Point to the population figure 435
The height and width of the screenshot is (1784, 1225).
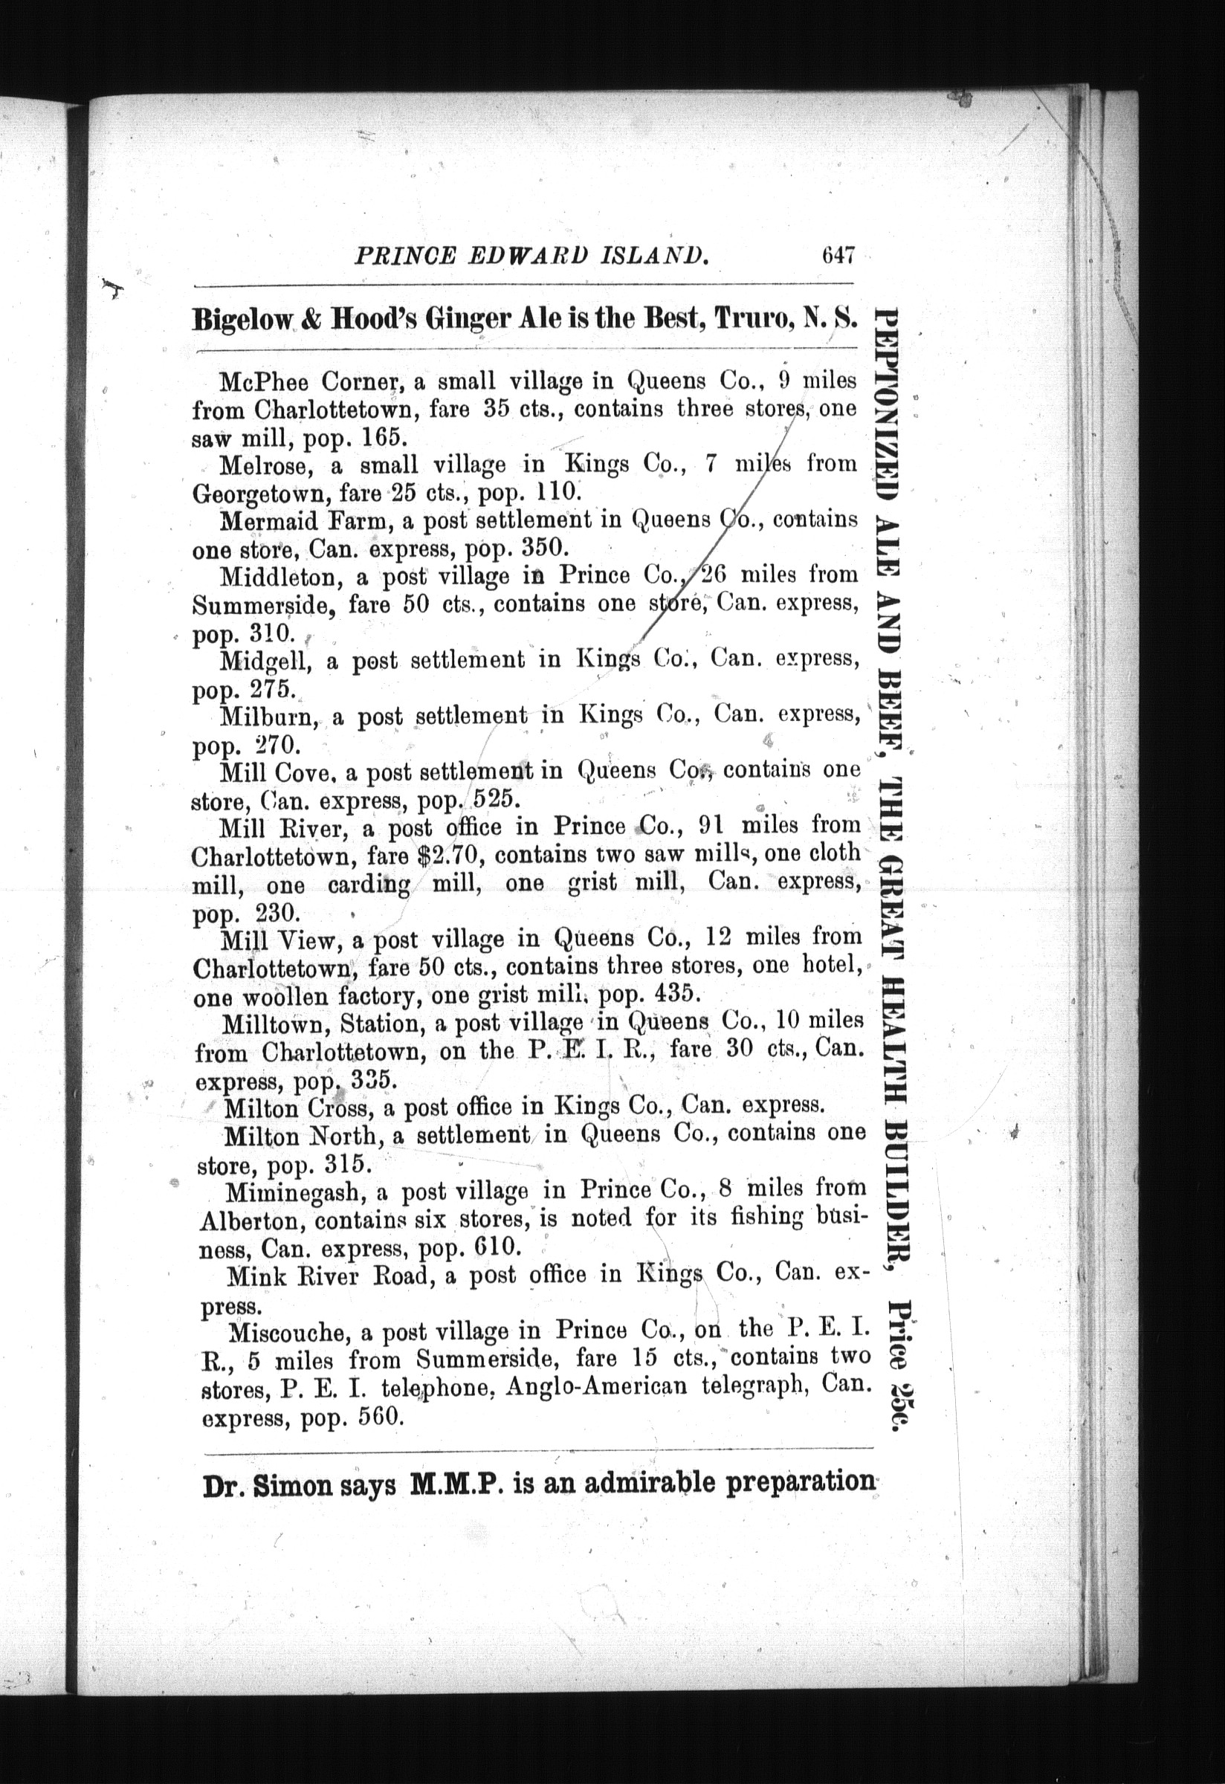point(675,994)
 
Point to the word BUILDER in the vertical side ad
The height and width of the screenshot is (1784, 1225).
point(891,1198)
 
